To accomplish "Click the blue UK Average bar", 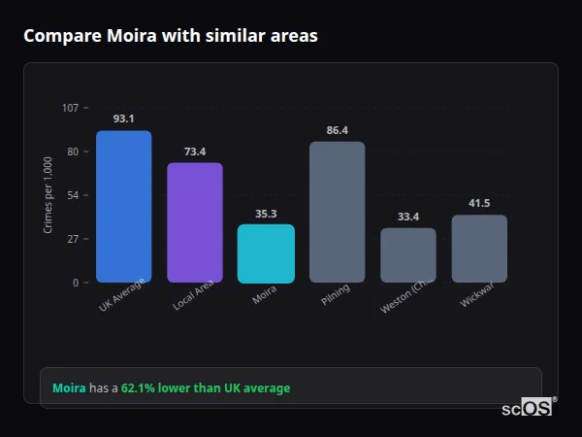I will [x=123, y=207].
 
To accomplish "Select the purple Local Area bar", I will [x=195, y=222].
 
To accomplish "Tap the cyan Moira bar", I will [x=266, y=253].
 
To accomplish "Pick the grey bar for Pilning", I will [x=337, y=212].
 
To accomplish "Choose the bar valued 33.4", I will [x=407, y=255].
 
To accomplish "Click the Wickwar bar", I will [x=479, y=249].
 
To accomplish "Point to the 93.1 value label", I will [x=123, y=118].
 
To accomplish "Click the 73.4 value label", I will [x=195, y=151].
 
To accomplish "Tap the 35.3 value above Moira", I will [x=266, y=214].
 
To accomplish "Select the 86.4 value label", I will [x=337, y=130].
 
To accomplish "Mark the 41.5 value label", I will [x=479, y=203].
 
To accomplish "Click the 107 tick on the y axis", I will [x=70, y=108].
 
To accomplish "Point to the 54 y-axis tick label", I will [x=73, y=195].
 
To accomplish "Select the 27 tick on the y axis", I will [x=73, y=239].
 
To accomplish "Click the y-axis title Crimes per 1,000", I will [x=48, y=195].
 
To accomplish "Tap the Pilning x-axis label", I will [x=336, y=295].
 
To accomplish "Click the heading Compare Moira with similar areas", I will [x=170, y=36].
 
